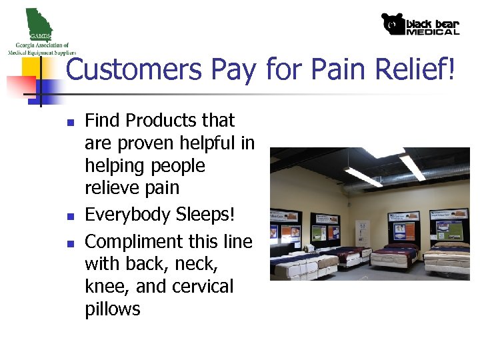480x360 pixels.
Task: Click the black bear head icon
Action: coord(393,25)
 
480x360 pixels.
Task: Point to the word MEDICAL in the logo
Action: coord(433,31)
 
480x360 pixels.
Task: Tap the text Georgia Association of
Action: coord(39,45)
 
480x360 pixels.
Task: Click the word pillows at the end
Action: coord(113,309)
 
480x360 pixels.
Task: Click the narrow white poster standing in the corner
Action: coord(362,234)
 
